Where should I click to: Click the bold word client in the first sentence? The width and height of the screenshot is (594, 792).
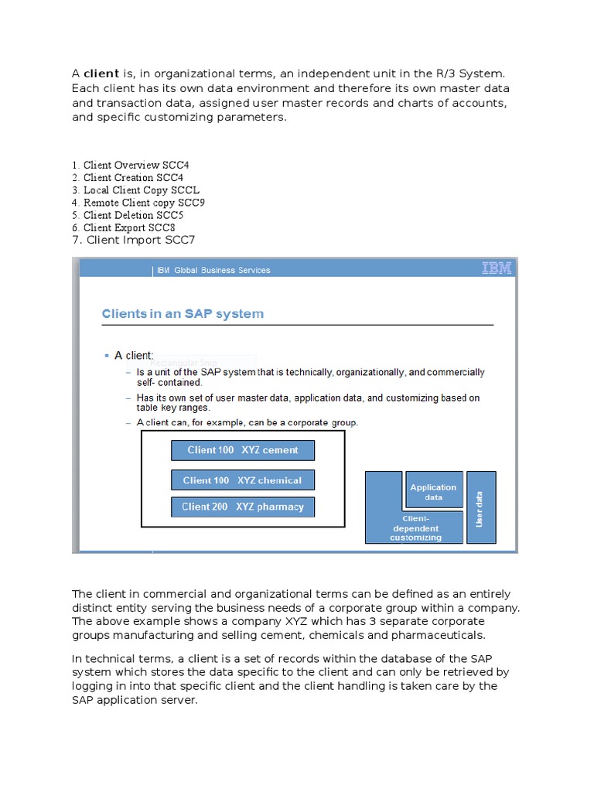click(x=101, y=73)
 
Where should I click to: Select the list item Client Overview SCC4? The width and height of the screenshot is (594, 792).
click(x=130, y=166)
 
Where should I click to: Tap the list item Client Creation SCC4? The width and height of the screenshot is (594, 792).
click(x=128, y=178)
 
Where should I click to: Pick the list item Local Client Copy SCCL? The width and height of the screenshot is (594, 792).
click(x=136, y=190)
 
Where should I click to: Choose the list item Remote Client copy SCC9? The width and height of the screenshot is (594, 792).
click(x=138, y=203)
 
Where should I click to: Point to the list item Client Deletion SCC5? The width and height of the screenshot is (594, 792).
click(x=128, y=215)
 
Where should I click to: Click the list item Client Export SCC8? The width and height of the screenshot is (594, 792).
click(x=125, y=227)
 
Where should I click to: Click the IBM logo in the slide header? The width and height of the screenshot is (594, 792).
click(x=496, y=268)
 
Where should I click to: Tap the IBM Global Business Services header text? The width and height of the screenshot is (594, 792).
click(x=213, y=270)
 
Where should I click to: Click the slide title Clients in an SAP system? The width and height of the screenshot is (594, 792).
click(x=183, y=314)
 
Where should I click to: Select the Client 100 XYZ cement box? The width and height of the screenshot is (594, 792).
click(x=242, y=450)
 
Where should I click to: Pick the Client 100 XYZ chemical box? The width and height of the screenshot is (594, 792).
click(x=242, y=480)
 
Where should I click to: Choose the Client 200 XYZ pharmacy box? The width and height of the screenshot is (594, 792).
click(x=242, y=507)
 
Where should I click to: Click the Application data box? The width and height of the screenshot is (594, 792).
click(x=433, y=492)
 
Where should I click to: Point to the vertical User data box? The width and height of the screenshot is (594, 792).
click(x=481, y=507)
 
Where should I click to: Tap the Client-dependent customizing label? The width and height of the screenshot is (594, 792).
click(x=415, y=528)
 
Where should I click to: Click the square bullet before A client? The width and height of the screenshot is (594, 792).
click(x=107, y=356)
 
